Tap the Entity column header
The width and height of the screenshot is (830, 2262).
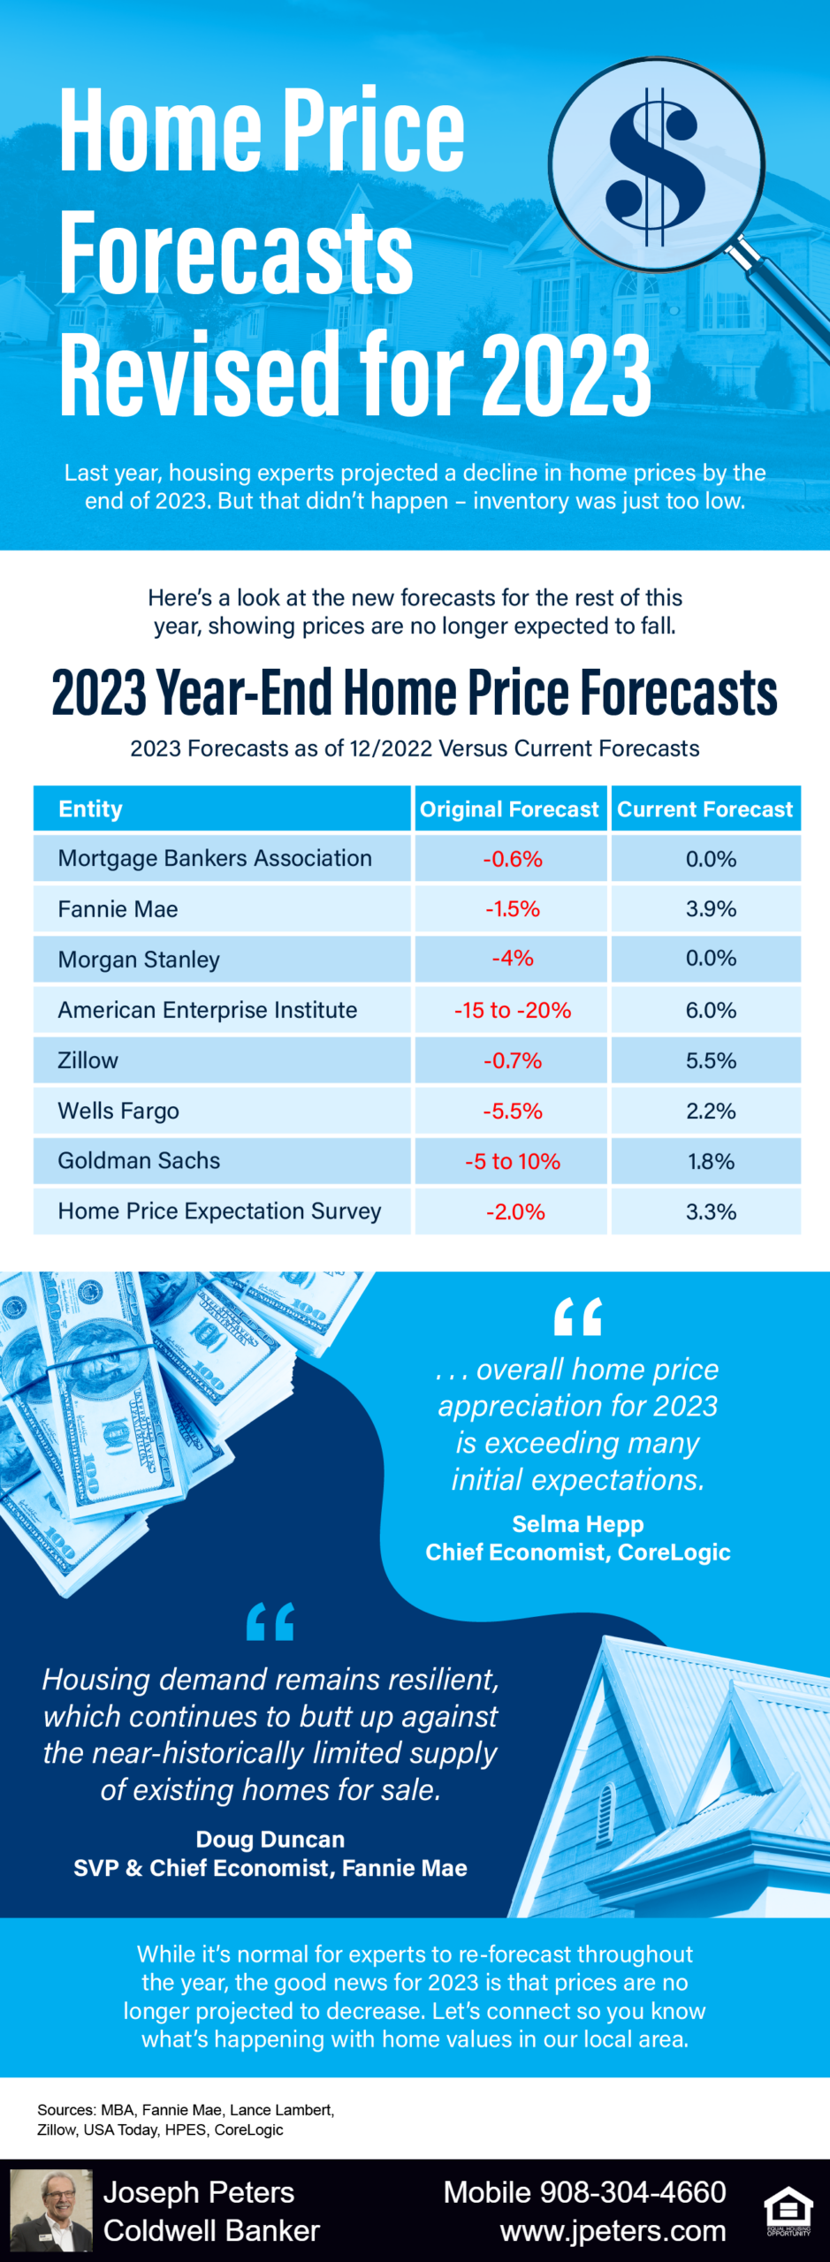point(91,809)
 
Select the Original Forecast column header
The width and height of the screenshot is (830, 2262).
point(509,809)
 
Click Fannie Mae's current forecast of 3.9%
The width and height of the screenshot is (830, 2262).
point(711,908)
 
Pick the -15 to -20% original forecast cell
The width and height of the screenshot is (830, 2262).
point(513,1010)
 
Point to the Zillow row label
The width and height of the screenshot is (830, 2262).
point(88,1060)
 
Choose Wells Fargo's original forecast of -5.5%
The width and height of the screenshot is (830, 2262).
point(513,1111)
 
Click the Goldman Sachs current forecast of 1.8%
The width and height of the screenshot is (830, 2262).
point(711,1161)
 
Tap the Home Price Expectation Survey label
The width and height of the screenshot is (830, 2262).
point(219,1211)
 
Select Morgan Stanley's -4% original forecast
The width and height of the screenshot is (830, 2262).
point(513,959)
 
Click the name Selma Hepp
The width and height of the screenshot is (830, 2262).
point(578,1523)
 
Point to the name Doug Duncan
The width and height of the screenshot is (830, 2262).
point(270,1839)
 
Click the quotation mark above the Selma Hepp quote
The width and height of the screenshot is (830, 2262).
point(578,1317)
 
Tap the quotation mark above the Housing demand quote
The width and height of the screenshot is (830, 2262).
point(270,1621)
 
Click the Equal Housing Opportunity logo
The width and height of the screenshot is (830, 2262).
point(788,2212)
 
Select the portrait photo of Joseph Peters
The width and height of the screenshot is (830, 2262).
point(51,2210)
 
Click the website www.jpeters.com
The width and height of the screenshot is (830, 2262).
point(613,2231)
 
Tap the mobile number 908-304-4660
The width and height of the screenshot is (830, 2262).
point(633,2192)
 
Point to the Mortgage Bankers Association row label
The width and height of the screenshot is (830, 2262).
point(215,858)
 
